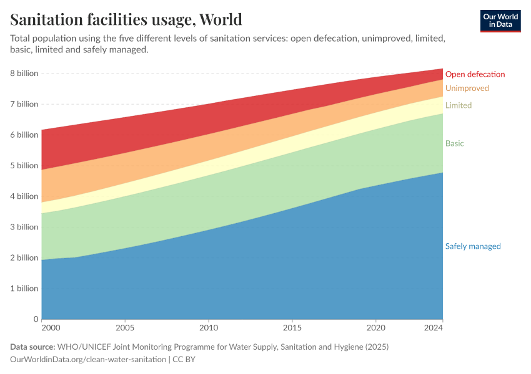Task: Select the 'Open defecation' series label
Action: pyautogui.click(x=475, y=74)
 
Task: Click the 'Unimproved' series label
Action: pyautogui.click(x=467, y=89)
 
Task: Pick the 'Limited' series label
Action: pyautogui.click(x=458, y=105)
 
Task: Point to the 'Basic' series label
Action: pyautogui.click(x=454, y=143)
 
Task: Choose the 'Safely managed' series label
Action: pyautogui.click(x=472, y=246)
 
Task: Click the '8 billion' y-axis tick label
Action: pyautogui.click(x=24, y=74)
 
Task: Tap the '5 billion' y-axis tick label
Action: pyautogui.click(x=24, y=166)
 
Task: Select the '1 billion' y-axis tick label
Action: pyautogui.click(x=24, y=289)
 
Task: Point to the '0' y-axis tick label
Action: pyautogui.click(x=36, y=319)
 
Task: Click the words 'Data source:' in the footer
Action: pyautogui.click(x=32, y=347)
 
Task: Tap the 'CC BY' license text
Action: pyautogui.click(x=186, y=360)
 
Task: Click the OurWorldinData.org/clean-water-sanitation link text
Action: pyautogui.click(x=88, y=360)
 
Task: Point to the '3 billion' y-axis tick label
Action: pyautogui.click(x=24, y=228)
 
